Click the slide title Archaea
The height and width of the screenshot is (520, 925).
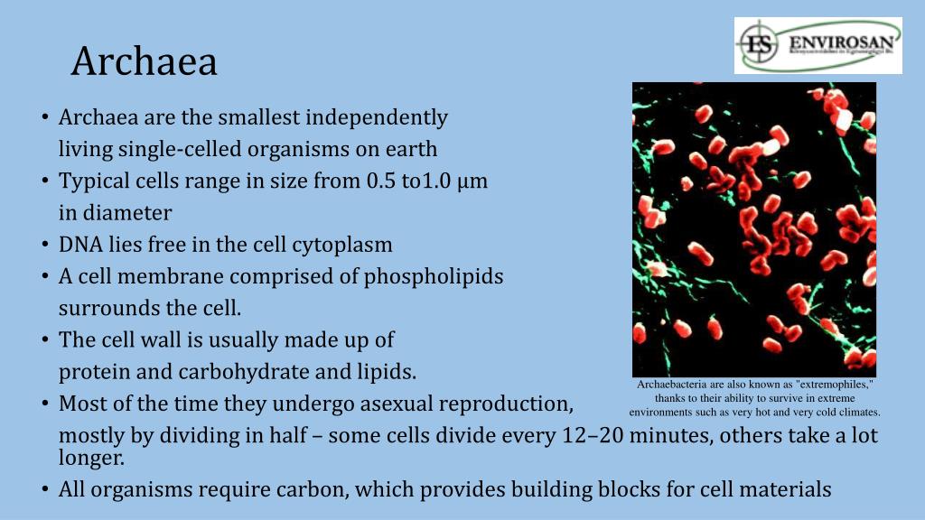click(x=145, y=61)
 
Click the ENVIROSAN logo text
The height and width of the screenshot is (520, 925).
click(x=844, y=42)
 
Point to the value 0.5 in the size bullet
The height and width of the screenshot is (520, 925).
click(x=380, y=181)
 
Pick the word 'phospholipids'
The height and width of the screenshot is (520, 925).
click(x=434, y=276)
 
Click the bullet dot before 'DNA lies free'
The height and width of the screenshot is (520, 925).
click(x=44, y=246)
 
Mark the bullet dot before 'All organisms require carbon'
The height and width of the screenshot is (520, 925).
click(x=44, y=491)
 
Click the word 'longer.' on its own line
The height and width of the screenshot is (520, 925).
click(x=91, y=458)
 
